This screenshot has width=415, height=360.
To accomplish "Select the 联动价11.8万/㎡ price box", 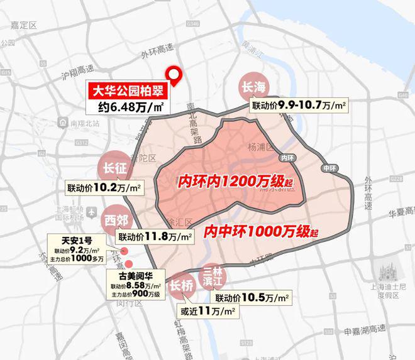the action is tap(155, 236).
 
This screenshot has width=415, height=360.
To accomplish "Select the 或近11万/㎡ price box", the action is tap(207, 311).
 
